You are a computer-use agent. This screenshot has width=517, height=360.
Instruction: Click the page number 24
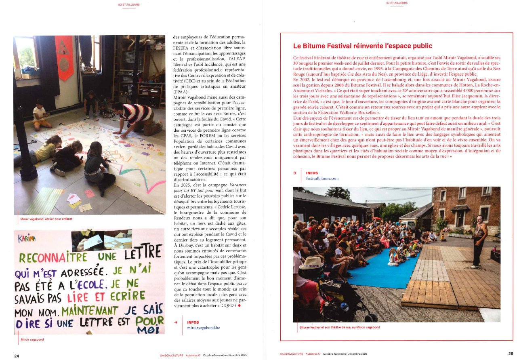point(17,356)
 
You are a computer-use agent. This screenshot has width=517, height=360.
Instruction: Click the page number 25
point(511,354)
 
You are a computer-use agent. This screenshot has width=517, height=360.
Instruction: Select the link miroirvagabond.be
point(204,328)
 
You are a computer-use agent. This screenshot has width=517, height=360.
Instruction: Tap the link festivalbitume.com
point(322,178)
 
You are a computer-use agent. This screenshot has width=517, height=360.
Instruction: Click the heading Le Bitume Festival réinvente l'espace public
point(362,46)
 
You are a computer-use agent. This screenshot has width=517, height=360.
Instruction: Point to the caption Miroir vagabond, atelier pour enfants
point(46,219)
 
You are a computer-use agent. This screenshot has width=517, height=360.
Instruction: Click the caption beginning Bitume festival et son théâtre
point(339,327)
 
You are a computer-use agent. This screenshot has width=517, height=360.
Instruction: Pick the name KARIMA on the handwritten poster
point(27,238)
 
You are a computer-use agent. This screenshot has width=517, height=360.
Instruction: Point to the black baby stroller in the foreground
point(339,295)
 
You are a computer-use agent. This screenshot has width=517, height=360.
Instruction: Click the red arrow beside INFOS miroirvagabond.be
point(176,322)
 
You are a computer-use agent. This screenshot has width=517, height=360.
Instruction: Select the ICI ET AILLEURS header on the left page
point(129,4)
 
